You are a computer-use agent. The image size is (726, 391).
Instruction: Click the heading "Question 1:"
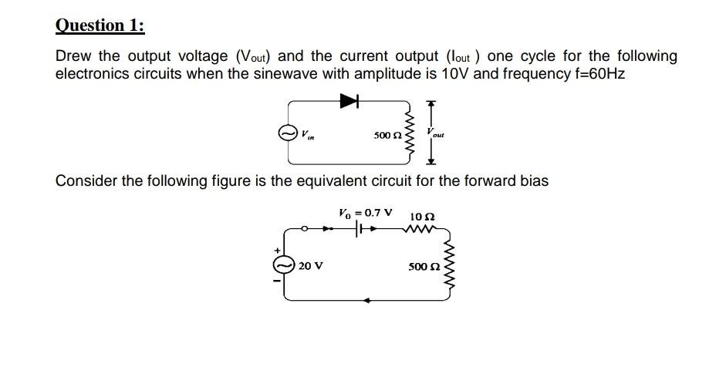coord(100,25)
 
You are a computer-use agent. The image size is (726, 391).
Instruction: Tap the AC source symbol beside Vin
coord(288,133)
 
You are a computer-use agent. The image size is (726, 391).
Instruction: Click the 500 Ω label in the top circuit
coord(386,135)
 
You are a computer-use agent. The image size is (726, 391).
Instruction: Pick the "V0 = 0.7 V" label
coord(365,212)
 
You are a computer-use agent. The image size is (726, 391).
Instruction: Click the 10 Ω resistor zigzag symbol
coord(422,228)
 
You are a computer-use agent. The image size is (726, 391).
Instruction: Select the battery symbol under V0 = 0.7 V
coord(360,229)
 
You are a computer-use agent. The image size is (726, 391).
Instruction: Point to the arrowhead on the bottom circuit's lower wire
coord(368,301)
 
